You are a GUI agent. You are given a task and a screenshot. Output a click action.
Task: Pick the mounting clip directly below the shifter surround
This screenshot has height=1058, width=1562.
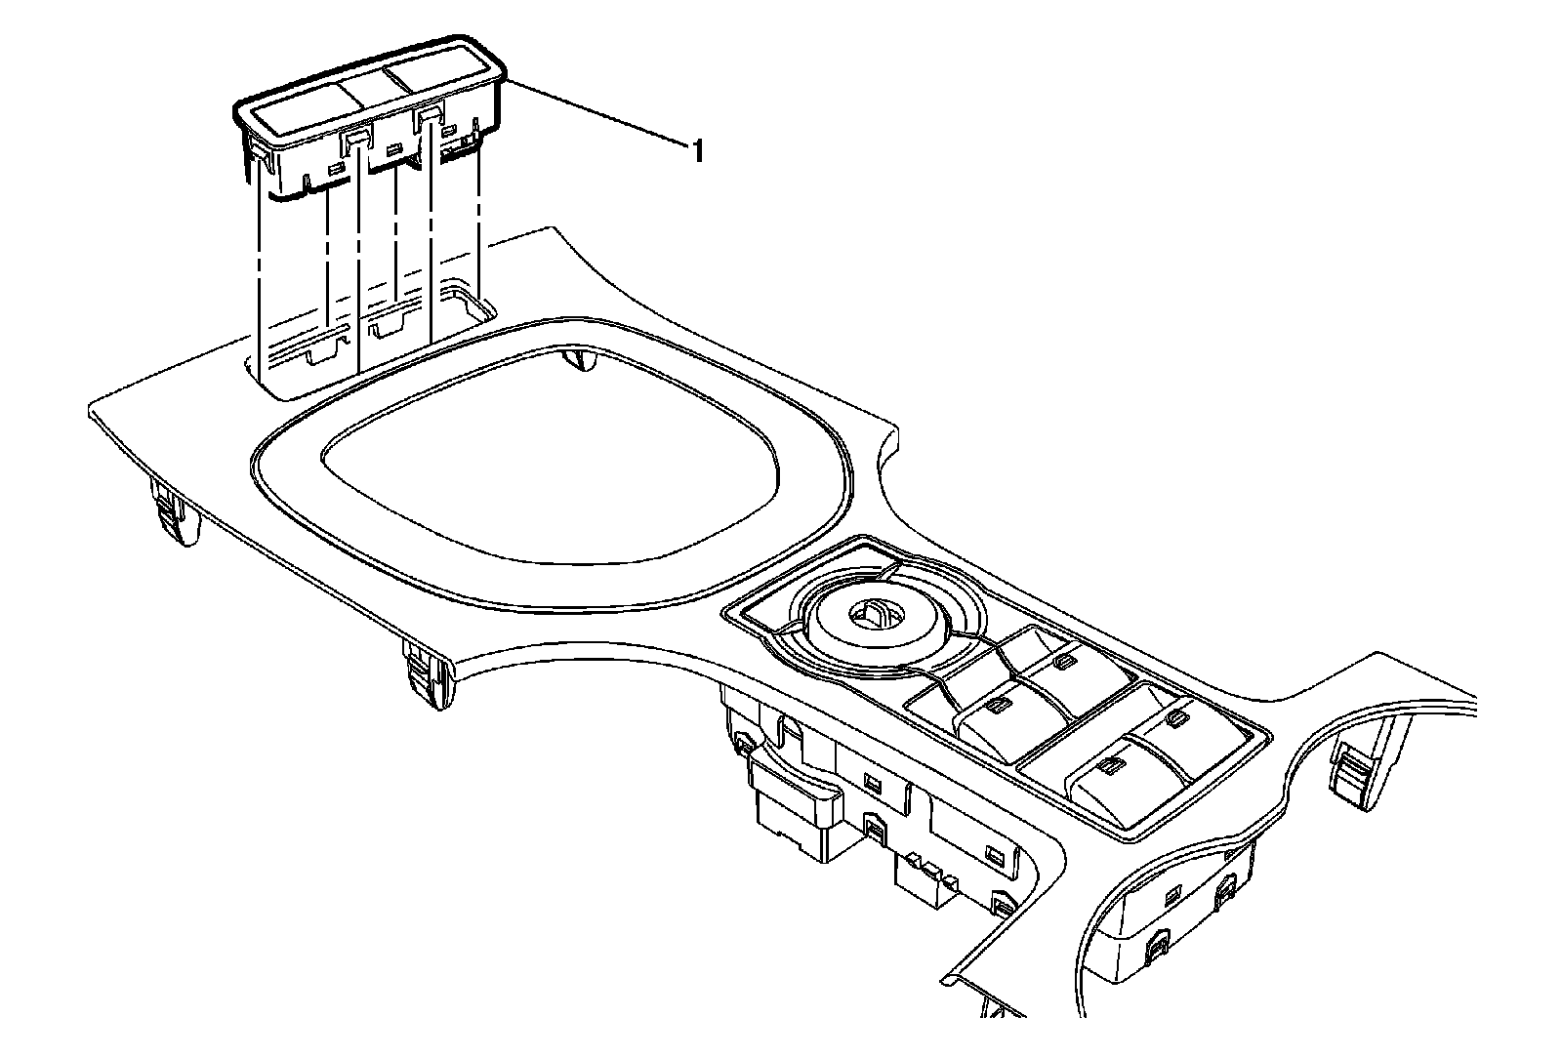tap(428, 672)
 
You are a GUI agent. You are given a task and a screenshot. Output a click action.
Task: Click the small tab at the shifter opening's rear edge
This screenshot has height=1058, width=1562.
tap(583, 361)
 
